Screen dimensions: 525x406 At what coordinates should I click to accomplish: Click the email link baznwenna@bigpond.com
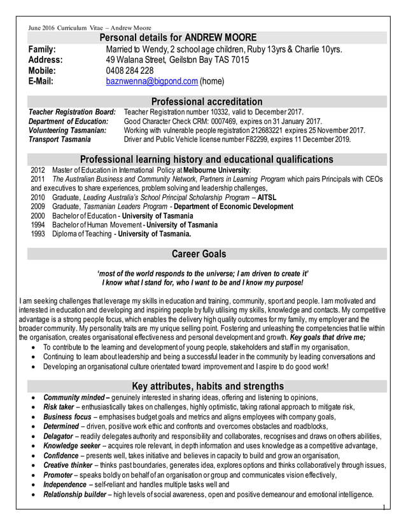pyautogui.click(x=151, y=81)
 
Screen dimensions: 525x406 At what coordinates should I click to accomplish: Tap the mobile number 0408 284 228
pyautogui.click(x=130, y=71)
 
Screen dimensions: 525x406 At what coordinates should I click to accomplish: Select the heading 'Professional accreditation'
pyautogui.click(x=206, y=102)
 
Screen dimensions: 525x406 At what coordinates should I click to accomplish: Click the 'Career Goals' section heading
pyautogui.click(x=199, y=254)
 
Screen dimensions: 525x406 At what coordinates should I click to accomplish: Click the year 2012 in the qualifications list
pyautogui.click(x=38, y=170)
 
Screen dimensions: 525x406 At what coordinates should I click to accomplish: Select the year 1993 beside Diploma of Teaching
pyautogui.click(x=38, y=233)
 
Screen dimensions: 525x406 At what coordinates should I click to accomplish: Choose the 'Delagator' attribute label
pyautogui.click(x=58, y=437)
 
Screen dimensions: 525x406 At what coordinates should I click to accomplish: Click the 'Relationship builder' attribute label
pyautogui.click(x=74, y=494)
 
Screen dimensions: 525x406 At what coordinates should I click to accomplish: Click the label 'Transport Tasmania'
pyautogui.click(x=60, y=139)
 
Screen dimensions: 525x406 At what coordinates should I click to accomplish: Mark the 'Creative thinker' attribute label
pyautogui.click(x=67, y=465)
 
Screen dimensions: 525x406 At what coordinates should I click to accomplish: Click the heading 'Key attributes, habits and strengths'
pyautogui.click(x=207, y=386)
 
